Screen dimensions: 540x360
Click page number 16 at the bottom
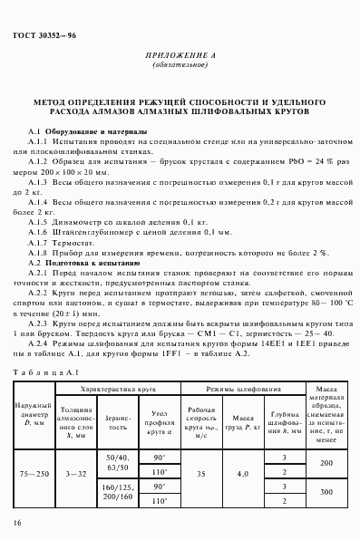[18, 523]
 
